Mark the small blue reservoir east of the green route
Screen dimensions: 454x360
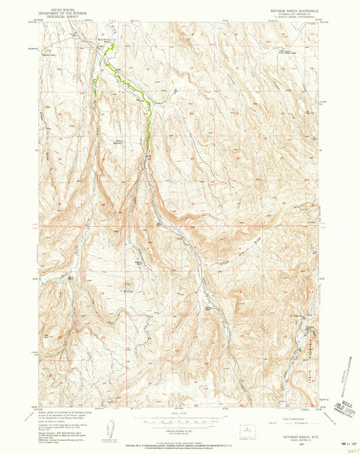tap(174, 91)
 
